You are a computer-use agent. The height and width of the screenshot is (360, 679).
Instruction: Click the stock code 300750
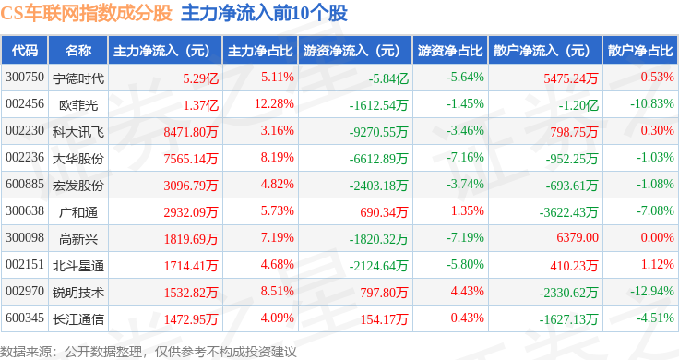tap(25, 78)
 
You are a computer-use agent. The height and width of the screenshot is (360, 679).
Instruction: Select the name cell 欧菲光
tap(78, 105)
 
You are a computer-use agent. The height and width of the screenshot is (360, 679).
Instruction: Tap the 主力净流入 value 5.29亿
tap(200, 78)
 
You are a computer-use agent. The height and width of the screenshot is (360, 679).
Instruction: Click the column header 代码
tap(25, 51)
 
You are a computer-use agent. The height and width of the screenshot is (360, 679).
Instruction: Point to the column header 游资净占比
tap(450, 51)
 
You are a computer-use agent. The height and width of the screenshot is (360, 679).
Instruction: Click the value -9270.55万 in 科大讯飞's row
tap(378, 132)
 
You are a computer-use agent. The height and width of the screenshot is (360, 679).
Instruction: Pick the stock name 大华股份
tap(78, 159)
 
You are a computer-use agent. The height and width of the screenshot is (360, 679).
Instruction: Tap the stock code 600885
tap(25, 184)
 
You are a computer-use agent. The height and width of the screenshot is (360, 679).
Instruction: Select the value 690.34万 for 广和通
tap(384, 212)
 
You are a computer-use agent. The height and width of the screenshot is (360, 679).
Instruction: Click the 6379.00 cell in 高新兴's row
tap(578, 237)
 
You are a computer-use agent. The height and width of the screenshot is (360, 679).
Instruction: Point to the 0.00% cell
tap(658, 237)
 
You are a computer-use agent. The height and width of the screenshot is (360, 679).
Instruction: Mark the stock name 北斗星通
tap(78, 266)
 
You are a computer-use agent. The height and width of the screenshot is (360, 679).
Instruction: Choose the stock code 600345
tap(25, 318)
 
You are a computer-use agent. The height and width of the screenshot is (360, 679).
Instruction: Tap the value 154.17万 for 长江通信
tap(384, 319)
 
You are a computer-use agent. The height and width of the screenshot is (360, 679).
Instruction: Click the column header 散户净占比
tap(640, 51)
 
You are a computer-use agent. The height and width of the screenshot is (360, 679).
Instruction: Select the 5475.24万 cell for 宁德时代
tap(571, 78)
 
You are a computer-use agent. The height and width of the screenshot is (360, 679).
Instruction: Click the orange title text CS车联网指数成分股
tap(86, 14)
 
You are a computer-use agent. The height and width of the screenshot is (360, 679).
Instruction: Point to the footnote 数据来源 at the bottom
tap(26, 352)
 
